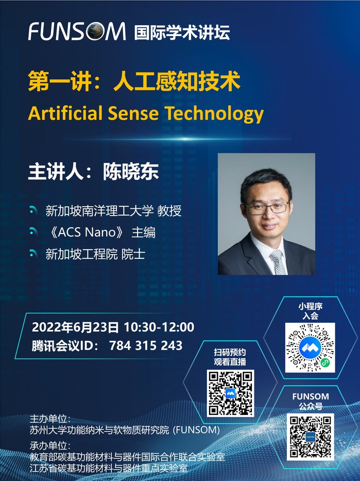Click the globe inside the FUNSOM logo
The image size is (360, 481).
tap(95, 31)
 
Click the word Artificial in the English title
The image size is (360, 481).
tap(65, 113)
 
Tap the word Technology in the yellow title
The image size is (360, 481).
tap(214, 114)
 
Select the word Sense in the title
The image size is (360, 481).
tap(133, 113)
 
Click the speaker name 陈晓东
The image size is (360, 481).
tap(131, 171)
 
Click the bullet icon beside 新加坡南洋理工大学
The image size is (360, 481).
tap(33, 210)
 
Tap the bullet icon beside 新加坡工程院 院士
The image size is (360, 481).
tap(33, 254)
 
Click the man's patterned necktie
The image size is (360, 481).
tap(278, 262)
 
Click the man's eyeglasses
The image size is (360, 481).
tap(267, 208)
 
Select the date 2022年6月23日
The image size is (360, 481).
tap(75, 327)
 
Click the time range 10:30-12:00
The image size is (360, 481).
tap(159, 327)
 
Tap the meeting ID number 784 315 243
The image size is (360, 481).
tap(146, 345)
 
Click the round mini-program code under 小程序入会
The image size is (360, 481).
tap(310, 347)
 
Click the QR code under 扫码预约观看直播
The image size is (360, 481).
tap(230, 393)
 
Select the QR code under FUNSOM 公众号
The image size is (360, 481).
tap(311, 437)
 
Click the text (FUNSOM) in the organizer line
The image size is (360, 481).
tap(196, 430)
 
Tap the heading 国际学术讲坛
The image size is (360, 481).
tap(182, 32)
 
